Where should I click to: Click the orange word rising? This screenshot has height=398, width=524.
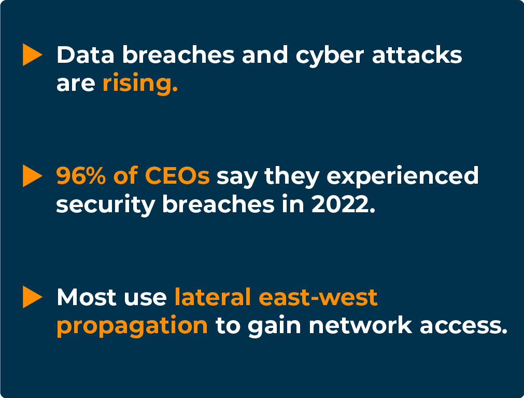tap(140, 84)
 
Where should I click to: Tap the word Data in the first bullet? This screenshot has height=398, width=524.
tap(81, 55)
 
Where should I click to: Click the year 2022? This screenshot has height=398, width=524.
tap(342, 204)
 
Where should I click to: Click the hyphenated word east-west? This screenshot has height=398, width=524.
tap(318, 297)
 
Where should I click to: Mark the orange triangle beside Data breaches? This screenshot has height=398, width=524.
tap(32, 55)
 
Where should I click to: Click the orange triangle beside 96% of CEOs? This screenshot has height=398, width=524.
tap(32, 176)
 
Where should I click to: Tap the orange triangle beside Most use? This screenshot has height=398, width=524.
tap(32, 297)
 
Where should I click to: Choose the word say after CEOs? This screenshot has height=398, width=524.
tap(236, 177)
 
